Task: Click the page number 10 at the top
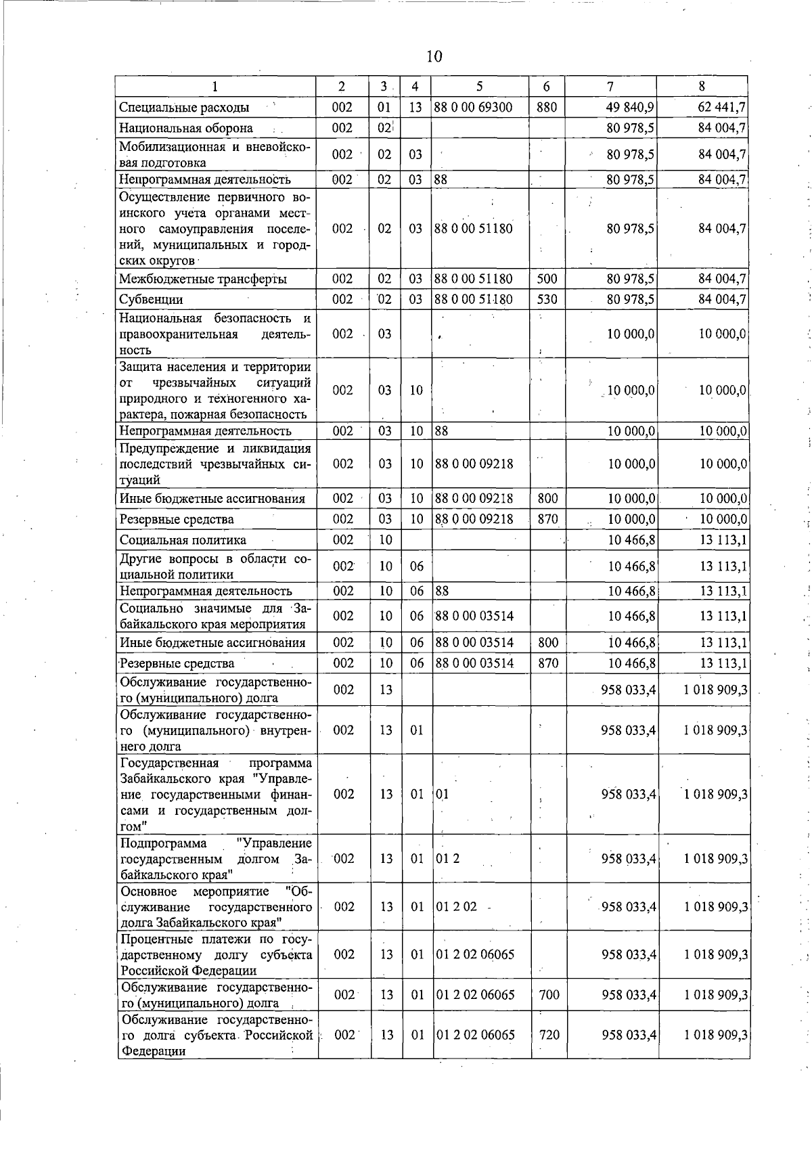(x=434, y=56)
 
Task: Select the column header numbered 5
(x=479, y=86)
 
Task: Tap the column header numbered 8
(x=702, y=86)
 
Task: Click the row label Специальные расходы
(x=184, y=108)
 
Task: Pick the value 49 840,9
(x=631, y=107)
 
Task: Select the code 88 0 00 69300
(x=473, y=107)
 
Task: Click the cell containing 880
(x=546, y=107)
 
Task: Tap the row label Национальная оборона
(x=186, y=128)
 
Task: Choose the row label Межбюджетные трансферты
(x=202, y=279)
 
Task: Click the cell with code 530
(x=547, y=299)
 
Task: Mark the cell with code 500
(x=547, y=279)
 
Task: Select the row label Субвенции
(x=151, y=299)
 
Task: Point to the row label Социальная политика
(x=183, y=539)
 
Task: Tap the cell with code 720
(x=549, y=1035)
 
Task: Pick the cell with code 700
(x=549, y=995)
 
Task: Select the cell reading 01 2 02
(x=457, y=907)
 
